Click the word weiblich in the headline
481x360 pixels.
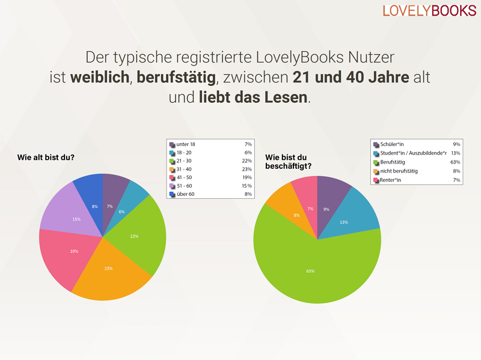99,78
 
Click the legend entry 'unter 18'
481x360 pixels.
186,144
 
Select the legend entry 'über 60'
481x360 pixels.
186,194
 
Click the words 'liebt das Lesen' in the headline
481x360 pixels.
253,97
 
